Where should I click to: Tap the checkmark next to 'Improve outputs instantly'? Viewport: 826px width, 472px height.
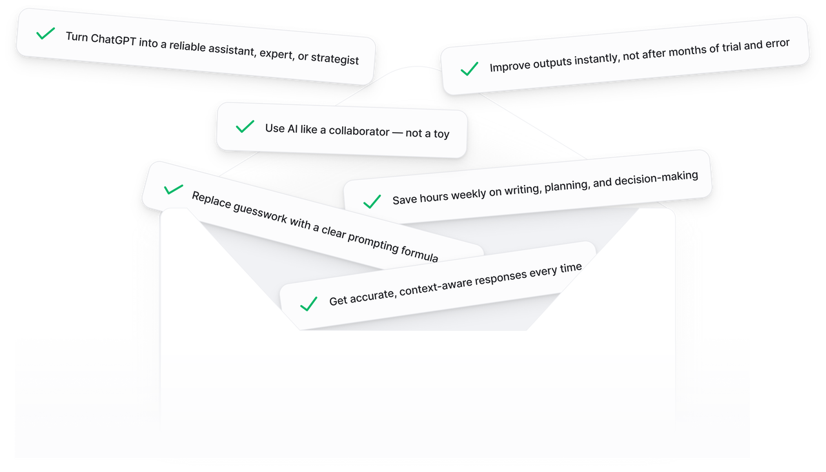tap(469, 69)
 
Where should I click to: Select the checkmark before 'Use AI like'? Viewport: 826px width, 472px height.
tap(245, 126)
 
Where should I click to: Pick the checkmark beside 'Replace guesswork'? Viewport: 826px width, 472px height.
tap(173, 189)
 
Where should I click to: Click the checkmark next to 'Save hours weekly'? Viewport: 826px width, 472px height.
tap(372, 202)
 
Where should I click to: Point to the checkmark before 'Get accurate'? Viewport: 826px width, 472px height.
tap(308, 303)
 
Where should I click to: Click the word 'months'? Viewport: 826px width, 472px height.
tap(687, 50)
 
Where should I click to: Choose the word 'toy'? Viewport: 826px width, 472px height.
tap(441, 134)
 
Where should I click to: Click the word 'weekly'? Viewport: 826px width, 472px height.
tap(473, 193)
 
